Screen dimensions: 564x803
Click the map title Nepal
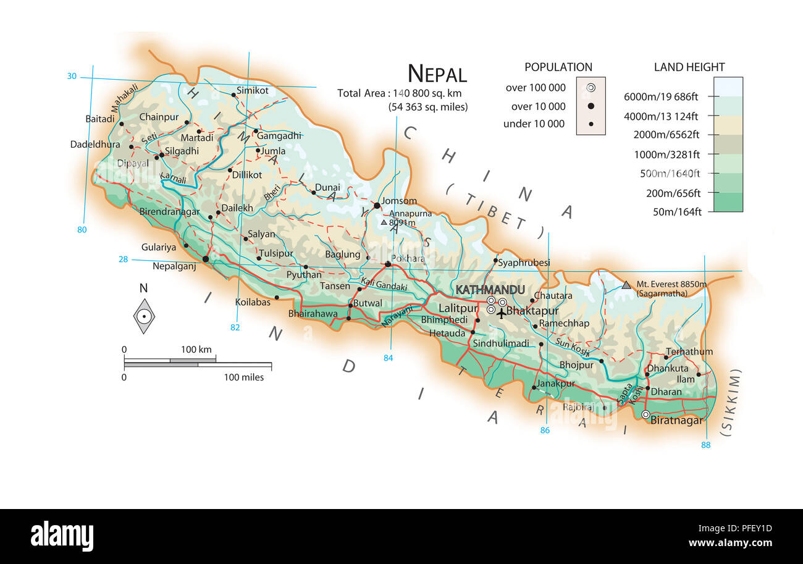pyautogui.click(x=437, y=74)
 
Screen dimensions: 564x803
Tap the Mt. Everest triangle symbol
pyautogui.click(x=626, y=285)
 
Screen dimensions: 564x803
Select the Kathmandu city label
pyautogui.click(x=490, y=290)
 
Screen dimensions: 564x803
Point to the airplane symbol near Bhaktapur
pyautogui.click(x=501, y=313)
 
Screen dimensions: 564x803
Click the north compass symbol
pyautogui.click(x=144, y=316)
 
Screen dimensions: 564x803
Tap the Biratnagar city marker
pyautogui.click(x=645, y=415)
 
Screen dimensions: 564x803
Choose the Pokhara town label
pyautogui.click(x=408, y=259)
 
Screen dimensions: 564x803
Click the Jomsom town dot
pyautogui.click(x=376, y=206)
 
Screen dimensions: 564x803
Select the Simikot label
pyautogui.click(x=253, y=91)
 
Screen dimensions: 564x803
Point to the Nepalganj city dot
pyautogui.click(x=205, y=259)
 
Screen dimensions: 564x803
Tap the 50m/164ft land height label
pyautogui.click(x=677, y=212)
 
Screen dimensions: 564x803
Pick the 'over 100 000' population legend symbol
pyautogui.click(x=591, y=88)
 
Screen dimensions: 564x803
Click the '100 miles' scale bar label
pyautogui.click(x=243, y=377)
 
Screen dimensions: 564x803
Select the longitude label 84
pyautogui.click(x=388, y=358)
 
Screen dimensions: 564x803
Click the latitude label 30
pyautogui.click(x=72, y=76)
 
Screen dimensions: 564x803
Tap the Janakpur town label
pyautogui.click(x=556, y=383)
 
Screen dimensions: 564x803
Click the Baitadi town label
pyautogui.click(x=100, y=118)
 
